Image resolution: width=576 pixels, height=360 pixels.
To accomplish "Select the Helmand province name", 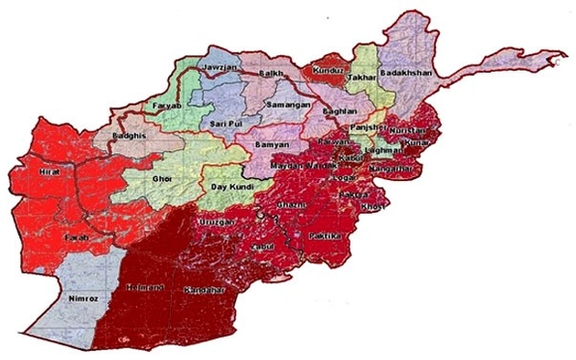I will (141, 287).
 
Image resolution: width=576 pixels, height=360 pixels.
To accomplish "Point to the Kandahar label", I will (205, 289).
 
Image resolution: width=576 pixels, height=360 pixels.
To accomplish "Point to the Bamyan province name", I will (273, 147).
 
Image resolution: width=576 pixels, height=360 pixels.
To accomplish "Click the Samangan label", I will (288, 104).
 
